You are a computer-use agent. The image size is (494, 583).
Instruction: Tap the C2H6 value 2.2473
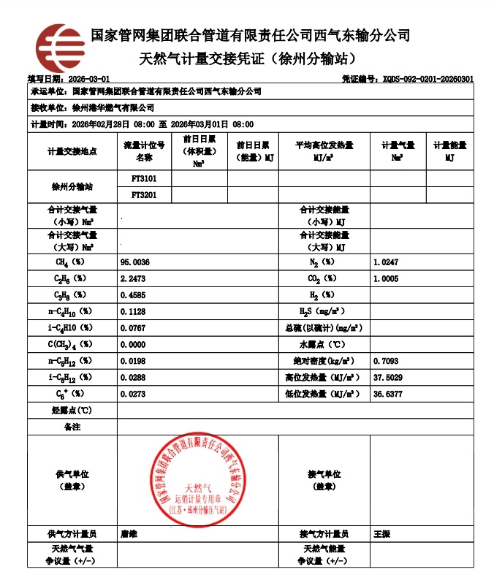134,278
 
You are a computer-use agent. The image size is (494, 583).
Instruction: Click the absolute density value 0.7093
385,361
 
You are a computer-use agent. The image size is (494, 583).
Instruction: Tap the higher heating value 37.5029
387,377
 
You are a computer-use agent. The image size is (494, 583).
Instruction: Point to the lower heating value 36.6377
387,394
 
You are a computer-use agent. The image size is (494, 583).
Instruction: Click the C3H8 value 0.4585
134,295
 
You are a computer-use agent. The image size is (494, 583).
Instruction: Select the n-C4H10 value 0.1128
134,311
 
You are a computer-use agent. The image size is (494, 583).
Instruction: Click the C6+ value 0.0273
134,394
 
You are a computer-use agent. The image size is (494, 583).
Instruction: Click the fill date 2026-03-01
87,78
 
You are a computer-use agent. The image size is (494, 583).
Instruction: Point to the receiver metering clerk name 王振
381,534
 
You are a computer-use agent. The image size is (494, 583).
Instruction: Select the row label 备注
72,426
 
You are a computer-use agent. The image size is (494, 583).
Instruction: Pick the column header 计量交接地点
72,151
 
